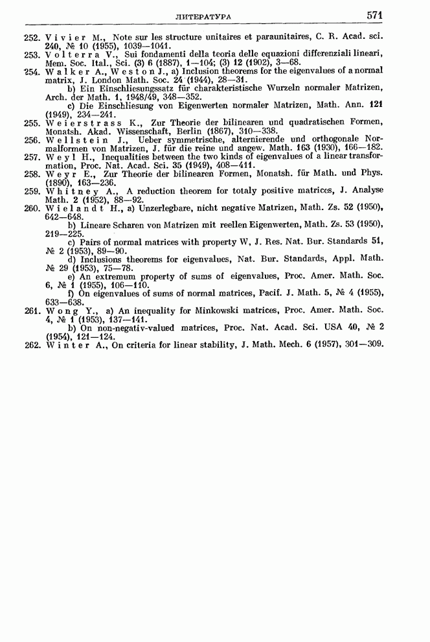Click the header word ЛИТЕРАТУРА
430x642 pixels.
(x=209, y=16)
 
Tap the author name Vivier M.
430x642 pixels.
(x=72, y=38)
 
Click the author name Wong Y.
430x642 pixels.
(x=72, y=311)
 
